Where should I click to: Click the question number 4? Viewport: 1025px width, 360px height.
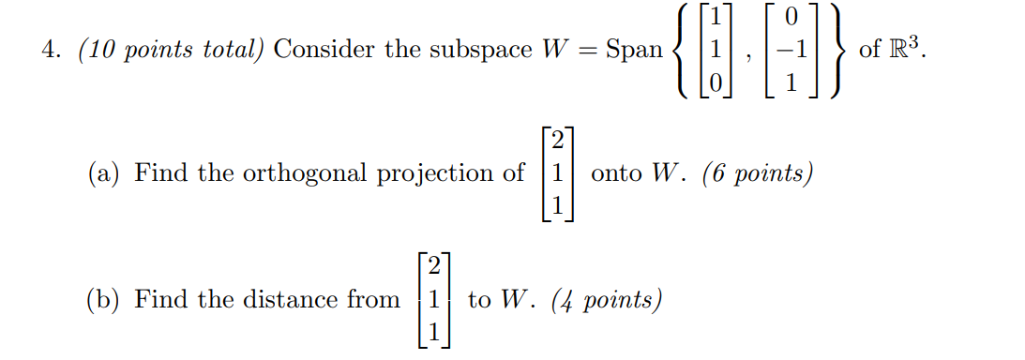(48, 50)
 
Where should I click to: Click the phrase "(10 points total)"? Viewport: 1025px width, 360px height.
(172, 50)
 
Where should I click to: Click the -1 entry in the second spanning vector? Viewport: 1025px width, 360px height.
(789, 50)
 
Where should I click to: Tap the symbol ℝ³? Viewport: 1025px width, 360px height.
(906, 48)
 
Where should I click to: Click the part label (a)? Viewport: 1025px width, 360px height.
(104, 173)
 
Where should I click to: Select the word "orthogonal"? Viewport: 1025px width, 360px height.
(298, 174)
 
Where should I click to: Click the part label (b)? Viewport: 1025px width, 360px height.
(104, 300)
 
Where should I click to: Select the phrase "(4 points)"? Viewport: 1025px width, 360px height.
(608, 300)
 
